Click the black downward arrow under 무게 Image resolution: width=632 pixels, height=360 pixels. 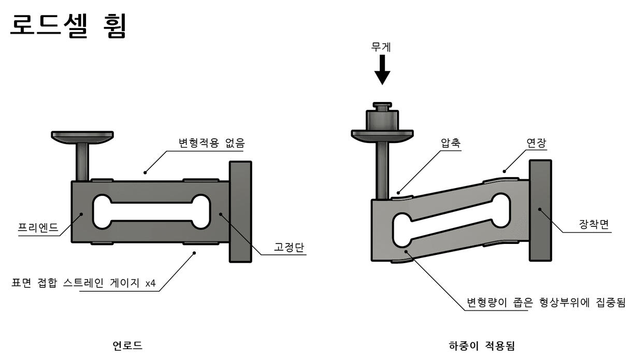pyautogui.click(x=382, y=69)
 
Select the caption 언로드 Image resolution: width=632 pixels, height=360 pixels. pyautogui.click(x=127, y=345)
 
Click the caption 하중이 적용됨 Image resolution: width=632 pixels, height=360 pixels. pyautogui.click(x=481, y=345)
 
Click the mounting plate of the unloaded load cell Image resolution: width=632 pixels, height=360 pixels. pyautogui.click(x=240, y=211)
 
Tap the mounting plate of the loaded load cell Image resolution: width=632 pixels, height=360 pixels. pyautogui.click(x=540, y=210)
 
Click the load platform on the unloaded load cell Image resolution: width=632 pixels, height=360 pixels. pyautogui.click(x=82, y=137)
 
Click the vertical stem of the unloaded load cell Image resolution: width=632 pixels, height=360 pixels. pyautogui.click(x=82, y=162)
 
